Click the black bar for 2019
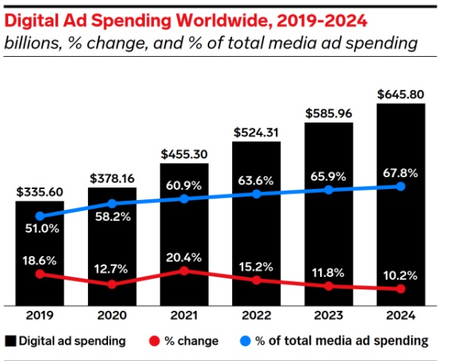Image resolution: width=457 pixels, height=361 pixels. pos(40,251)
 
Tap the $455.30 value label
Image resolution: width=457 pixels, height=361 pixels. pos(184,154)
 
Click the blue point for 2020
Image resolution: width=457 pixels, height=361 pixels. pos(112,203)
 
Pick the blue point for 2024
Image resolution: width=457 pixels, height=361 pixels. pos(401,187)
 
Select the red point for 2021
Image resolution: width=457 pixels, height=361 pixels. pos(184,271)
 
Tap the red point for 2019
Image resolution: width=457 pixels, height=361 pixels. pos(40,274)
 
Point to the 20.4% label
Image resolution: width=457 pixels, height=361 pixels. pos(184,257)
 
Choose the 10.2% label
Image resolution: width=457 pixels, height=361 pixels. pos(401,275)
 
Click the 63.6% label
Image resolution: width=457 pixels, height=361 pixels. pos(257,179)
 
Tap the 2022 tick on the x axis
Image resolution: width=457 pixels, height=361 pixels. pos(257,315)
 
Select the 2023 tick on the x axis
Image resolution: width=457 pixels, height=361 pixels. pos(328,315)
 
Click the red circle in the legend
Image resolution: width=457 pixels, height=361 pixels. pos(154,340)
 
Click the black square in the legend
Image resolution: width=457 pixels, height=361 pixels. pos(11,340)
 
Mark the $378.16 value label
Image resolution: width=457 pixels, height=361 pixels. pos(112,178)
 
